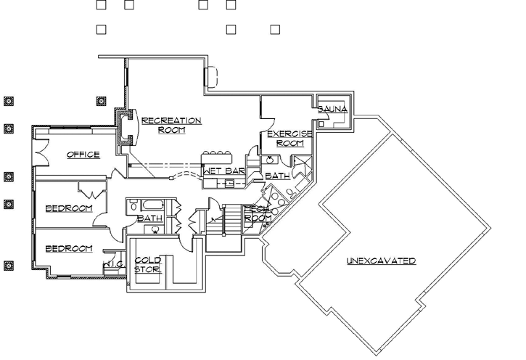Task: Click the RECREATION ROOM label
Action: (x=171, y=125)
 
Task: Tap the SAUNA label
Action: (x=333, y=109)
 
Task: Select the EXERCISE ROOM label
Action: (x=289, y=139)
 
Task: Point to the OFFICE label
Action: (x=83, y=155)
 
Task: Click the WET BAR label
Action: (x=223, y=171)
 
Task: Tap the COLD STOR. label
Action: (x=148, y=265)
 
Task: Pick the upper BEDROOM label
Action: (x=69, y=209)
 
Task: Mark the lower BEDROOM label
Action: (x=69, y=249)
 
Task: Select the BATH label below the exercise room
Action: (x=276, y=176)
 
